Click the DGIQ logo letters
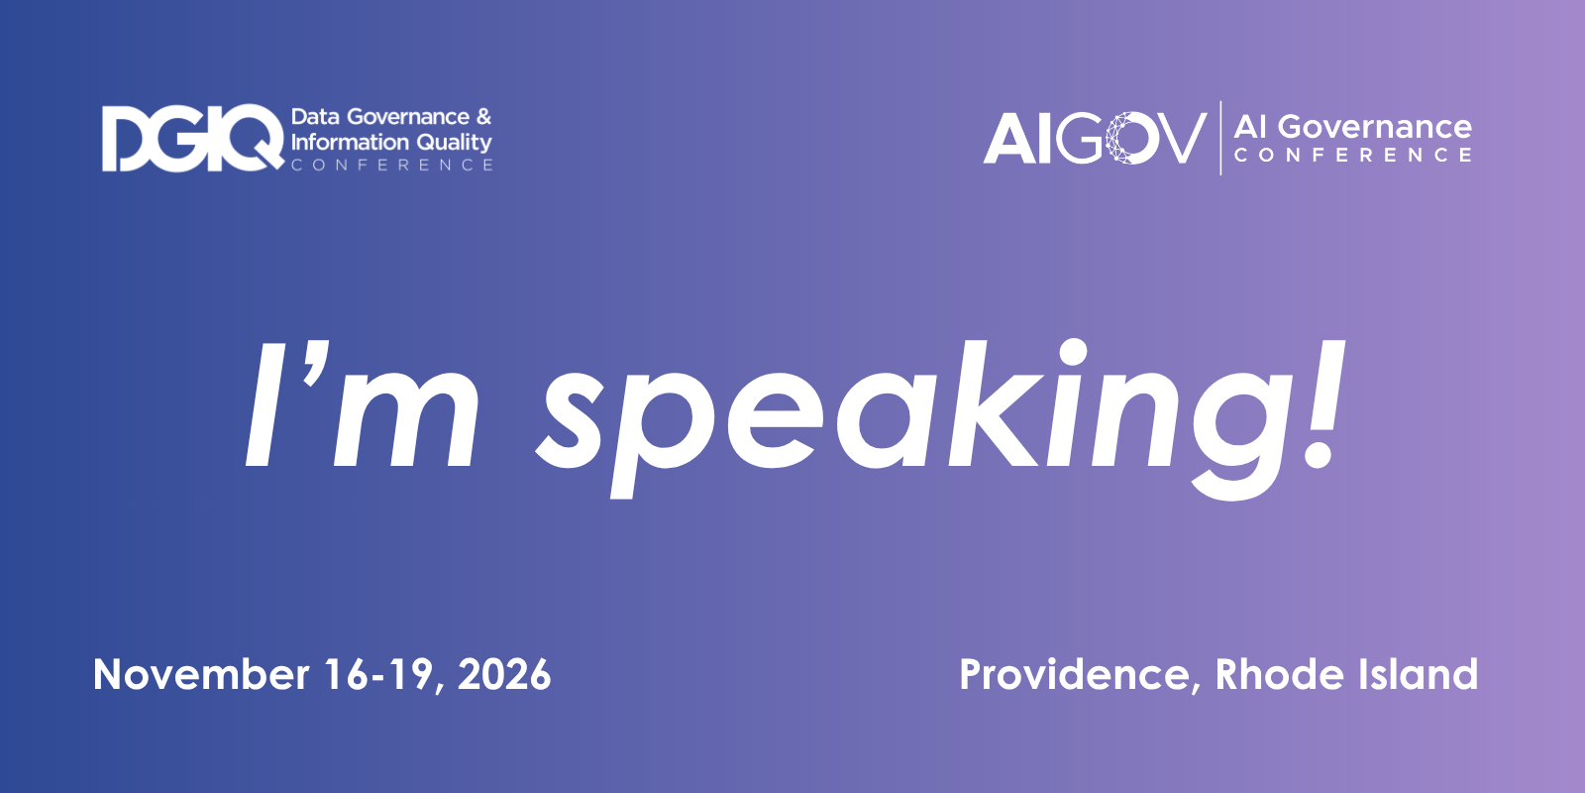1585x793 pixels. click(x=192, y=138)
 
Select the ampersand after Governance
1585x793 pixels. click(x=483, y=117)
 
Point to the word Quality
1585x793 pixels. click(x=454, y=143)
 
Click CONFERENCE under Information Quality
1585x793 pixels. click(x=392, y=165)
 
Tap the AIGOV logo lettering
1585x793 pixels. click(x=1095, y=138)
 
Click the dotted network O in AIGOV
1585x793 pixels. click(x=1131, y=138)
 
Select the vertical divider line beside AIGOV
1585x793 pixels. click(x=1220, y=138)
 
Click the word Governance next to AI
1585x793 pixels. click(x=1374, y=128)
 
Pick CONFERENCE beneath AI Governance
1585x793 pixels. click(x=1353, y=155)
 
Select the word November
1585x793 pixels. click(x=201, y=674)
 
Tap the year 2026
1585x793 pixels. click(x=504, y=674)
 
